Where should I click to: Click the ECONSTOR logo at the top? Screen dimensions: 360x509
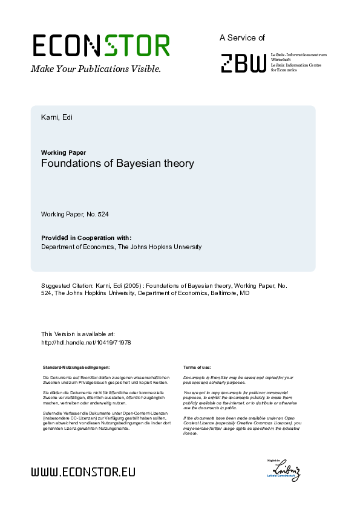click(x=101, y=46)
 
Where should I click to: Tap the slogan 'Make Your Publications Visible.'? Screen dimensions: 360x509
click(x=96, y=69)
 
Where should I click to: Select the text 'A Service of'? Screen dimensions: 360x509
click(x=242, y=37)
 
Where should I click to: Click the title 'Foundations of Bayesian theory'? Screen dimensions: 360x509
click(x=117, y=164)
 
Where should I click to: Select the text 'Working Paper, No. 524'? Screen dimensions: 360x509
click(x=74, y=215)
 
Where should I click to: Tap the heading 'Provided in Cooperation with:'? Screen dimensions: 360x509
click(x=86, y=238)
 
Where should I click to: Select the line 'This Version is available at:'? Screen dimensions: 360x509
click(x=77, y=334)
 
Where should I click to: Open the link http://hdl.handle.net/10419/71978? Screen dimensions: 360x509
click(x=86, y=342)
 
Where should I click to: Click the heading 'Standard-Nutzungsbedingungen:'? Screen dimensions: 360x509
click(x=76, y=368)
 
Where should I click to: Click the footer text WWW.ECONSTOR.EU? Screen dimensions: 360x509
click(x=83, y=471)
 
